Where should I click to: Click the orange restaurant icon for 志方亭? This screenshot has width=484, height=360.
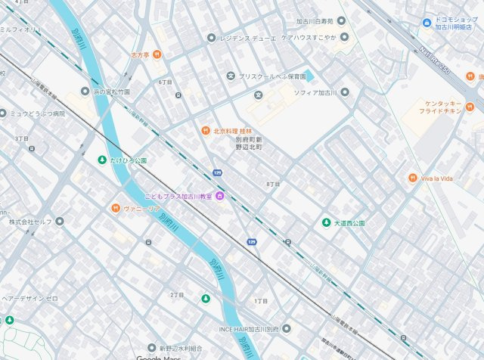click(157, 54)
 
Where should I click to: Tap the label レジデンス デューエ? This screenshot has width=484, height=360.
click(247, 37)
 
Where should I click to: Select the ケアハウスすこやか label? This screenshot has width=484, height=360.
click(309, 36)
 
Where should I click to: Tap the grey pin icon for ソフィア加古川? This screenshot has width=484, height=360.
click(345, 92)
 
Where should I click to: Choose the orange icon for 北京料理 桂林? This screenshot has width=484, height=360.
click(205, 130)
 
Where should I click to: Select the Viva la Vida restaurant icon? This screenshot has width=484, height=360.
click(413, 178)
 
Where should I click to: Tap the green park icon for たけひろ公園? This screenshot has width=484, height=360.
click(102, 160)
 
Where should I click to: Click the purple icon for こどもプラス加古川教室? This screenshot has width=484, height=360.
click(219, 197)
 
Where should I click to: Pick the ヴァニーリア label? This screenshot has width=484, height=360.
click(142, 208)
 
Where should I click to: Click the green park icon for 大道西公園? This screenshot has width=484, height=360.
click(327, 222)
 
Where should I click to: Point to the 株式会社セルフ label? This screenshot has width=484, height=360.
click(31, 222)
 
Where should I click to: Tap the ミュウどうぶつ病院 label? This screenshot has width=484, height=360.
click(37, 113)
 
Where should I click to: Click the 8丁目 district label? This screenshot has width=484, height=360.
click(273, 184)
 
